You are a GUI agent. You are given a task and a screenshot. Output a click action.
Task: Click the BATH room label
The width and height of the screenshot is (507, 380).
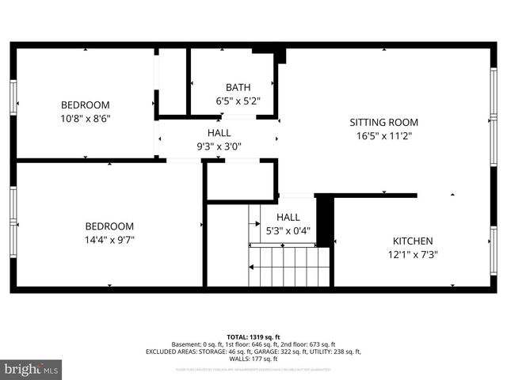coord(238,87)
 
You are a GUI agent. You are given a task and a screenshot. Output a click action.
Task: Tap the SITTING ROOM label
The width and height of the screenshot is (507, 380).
coord(384,123)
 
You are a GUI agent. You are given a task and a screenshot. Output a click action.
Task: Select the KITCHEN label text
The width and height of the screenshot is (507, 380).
coord(413,241)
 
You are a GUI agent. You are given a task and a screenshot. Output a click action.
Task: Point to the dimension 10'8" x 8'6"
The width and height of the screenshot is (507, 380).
coord(86,119)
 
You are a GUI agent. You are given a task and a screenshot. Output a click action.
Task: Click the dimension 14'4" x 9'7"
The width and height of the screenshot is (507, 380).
coord(109,240)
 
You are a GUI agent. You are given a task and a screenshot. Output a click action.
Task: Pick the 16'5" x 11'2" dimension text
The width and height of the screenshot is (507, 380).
coord(384,136)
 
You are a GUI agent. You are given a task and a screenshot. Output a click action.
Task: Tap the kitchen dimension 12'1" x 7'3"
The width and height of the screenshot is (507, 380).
coord(413,255)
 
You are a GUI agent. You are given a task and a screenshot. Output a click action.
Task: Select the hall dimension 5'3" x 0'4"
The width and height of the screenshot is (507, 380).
coord(288,231)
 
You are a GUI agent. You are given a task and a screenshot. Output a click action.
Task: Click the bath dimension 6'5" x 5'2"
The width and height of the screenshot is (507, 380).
coord(238,101)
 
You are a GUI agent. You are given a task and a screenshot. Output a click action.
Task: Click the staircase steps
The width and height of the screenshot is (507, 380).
coord(289,266)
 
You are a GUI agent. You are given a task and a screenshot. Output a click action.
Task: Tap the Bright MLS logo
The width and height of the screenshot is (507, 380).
coord(32,369)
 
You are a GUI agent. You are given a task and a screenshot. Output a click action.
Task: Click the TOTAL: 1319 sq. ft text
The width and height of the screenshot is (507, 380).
coord(253,336)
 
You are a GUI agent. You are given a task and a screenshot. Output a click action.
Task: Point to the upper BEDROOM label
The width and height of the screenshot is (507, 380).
coord(86,105)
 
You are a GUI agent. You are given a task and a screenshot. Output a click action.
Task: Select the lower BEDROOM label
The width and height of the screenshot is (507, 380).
coord(109,226)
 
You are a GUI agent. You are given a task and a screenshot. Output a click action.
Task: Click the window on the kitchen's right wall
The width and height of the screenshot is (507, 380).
coord(494,250)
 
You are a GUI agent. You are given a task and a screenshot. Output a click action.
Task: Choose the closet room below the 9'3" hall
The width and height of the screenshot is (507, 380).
coord(240,180)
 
